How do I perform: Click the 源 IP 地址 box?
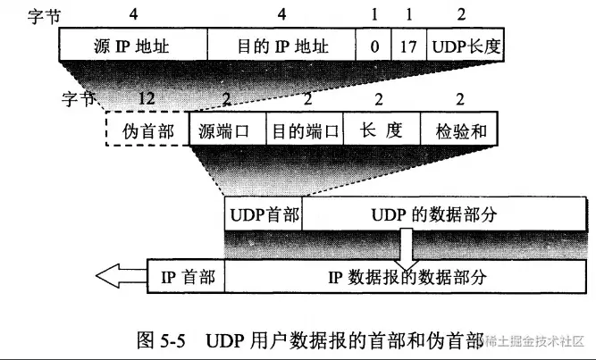[x=133, y=44]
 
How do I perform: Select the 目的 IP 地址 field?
[x=281, y=44]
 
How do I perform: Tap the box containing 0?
[x=373, y=44]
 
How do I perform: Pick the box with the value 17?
[x=408, y=44]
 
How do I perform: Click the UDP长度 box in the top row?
[x=465, y=44]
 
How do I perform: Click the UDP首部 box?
[x=264, y=215]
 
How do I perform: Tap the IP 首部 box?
[x=188, y=276]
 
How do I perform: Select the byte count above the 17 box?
[x=409, y=14]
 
